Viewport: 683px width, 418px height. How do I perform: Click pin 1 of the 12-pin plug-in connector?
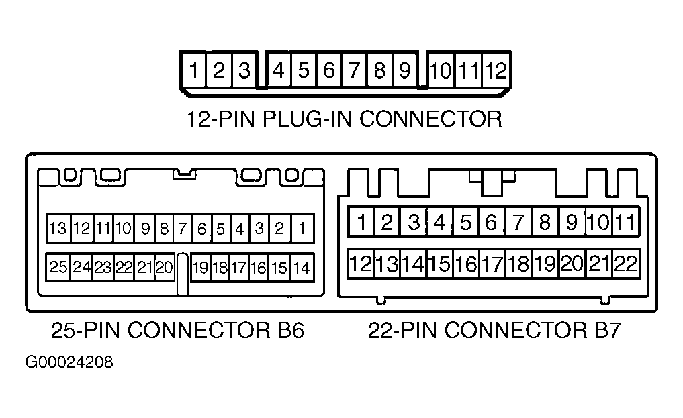(193, 70)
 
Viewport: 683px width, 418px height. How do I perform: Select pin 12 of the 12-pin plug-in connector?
(496, 70)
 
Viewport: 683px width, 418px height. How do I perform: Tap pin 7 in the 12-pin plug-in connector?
(355, 70)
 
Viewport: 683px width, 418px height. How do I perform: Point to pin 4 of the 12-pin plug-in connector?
(278, 70)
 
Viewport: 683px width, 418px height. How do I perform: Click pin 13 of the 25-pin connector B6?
(58, 228)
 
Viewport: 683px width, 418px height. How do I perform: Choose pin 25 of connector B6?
(58, 267)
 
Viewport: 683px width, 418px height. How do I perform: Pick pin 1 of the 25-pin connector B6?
(302, 228)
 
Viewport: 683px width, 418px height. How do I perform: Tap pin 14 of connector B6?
(302, 268)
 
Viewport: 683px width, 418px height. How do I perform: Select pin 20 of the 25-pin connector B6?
(165, 267)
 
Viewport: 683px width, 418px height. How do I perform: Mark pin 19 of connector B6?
(201, 268)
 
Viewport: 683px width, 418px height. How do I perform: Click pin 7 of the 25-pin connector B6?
(183, 228)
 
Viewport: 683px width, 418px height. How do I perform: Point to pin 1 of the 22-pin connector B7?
(361, 222)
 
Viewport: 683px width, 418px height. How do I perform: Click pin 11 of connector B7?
(625, 222)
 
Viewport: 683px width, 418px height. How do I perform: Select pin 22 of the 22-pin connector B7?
(626, 264)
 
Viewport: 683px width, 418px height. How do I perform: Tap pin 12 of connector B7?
(361, 264)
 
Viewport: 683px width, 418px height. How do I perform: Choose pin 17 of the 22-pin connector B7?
(493, 264)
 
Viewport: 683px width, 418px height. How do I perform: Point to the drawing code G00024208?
(69, 362)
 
